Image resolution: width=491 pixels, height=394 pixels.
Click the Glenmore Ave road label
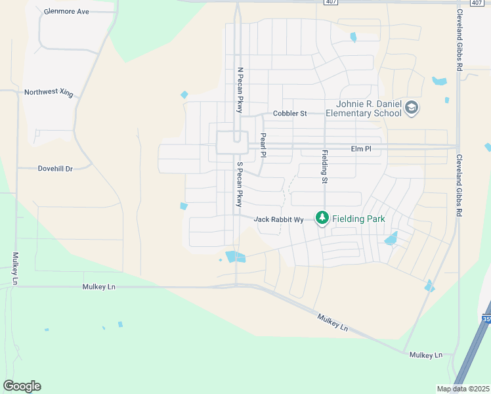coord(66,12)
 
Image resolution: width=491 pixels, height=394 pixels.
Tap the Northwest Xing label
coord(49,93)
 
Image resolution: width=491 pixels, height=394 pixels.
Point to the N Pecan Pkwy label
coord(240,90)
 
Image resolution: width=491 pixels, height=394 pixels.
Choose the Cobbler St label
coord(290,114)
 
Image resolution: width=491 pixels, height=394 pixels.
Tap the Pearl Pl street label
coord(263,146)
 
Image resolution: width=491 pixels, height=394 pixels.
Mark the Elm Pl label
coord(361,149)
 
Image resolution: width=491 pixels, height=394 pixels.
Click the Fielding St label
coord(324,166)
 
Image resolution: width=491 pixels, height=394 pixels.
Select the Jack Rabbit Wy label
coord(278,219)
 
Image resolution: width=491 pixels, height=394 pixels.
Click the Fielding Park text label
coord(358,219)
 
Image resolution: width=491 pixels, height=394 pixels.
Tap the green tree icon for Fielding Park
coord(322,217)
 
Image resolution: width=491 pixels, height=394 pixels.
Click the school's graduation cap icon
coord(412,108)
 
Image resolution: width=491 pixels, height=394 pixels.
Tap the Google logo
coord(22,386)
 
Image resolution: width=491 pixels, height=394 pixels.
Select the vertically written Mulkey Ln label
coord(14,269)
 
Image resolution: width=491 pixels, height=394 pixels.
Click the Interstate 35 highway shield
coord(486,319)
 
